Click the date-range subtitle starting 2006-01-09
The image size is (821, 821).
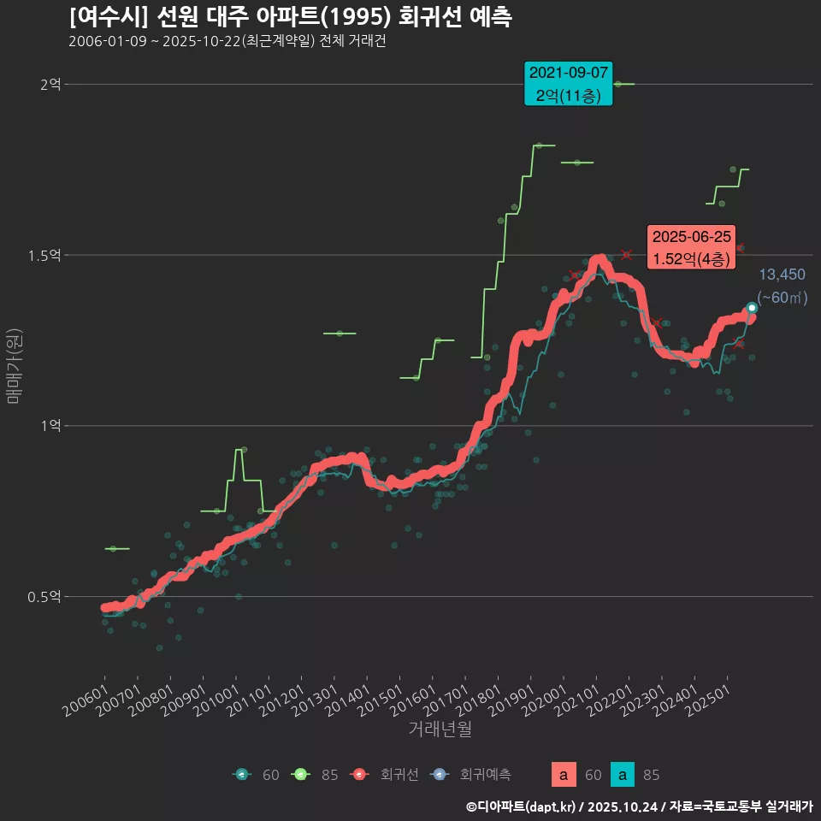point(227,42)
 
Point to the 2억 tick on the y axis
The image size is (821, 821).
point(50,84)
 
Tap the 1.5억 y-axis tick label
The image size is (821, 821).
point(44,255)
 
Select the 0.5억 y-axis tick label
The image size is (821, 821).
point(44,596)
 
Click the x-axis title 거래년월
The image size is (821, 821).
point(440,729)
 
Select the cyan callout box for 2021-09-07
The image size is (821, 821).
point(569,84)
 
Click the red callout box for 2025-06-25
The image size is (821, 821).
point(692,248)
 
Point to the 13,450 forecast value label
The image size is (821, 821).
point(782,275)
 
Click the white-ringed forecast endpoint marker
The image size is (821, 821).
point(752,308)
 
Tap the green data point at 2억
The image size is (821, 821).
point(617,84)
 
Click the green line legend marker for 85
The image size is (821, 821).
point(300,775)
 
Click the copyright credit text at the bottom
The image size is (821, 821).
point(639,806)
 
